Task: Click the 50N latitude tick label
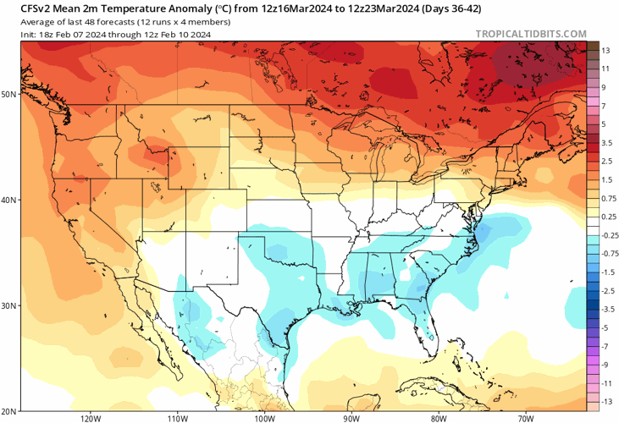[9, 94]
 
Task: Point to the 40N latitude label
[9, 200]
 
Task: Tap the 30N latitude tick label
[9, 305]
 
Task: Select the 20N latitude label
[9, 410]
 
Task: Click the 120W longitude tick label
[91, 418]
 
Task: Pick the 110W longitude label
[177, 418]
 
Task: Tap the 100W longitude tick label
[264, 418]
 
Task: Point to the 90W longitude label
[351, 418]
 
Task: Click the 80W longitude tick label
[438, 418]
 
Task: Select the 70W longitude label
[525, 418]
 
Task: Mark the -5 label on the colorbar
[605, 327]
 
